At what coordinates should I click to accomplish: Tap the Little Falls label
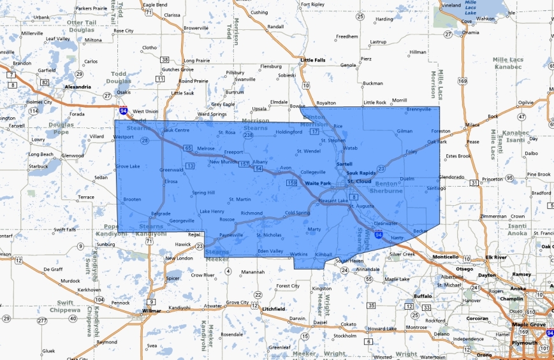click(312, 61)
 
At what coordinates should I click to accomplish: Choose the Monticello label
click(446, 257)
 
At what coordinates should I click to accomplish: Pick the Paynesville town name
click(231, 234)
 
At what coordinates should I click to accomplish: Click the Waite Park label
click(317, 184)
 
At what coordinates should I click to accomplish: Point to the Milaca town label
click(472, 124)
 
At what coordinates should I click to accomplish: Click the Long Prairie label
click(194, 61)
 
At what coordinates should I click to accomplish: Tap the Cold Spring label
click(297, 213)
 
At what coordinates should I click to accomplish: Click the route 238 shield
click(249, 136)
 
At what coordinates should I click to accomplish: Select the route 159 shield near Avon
click(292, 184)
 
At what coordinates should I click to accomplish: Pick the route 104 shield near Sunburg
click(99, 299)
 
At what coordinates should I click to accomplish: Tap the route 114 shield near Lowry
click(34, 112)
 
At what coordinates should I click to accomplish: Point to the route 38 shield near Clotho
click(164, 60)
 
